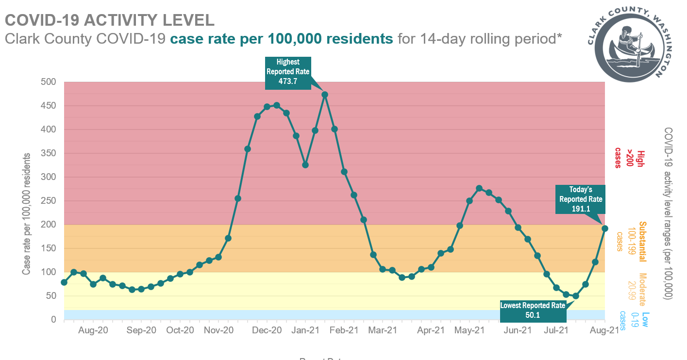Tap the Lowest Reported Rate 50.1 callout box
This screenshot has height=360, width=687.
(533, 311)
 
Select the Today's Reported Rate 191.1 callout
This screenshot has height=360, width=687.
(580, 199)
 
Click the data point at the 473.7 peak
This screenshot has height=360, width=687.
(325, 95)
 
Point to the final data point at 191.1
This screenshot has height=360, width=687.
(605, 228)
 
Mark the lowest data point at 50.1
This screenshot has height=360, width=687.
(576, 296)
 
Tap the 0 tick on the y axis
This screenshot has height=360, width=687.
(54, 320)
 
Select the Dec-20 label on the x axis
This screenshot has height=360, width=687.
(267, 331)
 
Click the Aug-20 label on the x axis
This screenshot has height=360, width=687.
(93, 331)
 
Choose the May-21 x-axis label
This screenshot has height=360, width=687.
(469, 331)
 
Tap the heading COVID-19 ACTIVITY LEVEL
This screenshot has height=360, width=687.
(109, 20)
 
